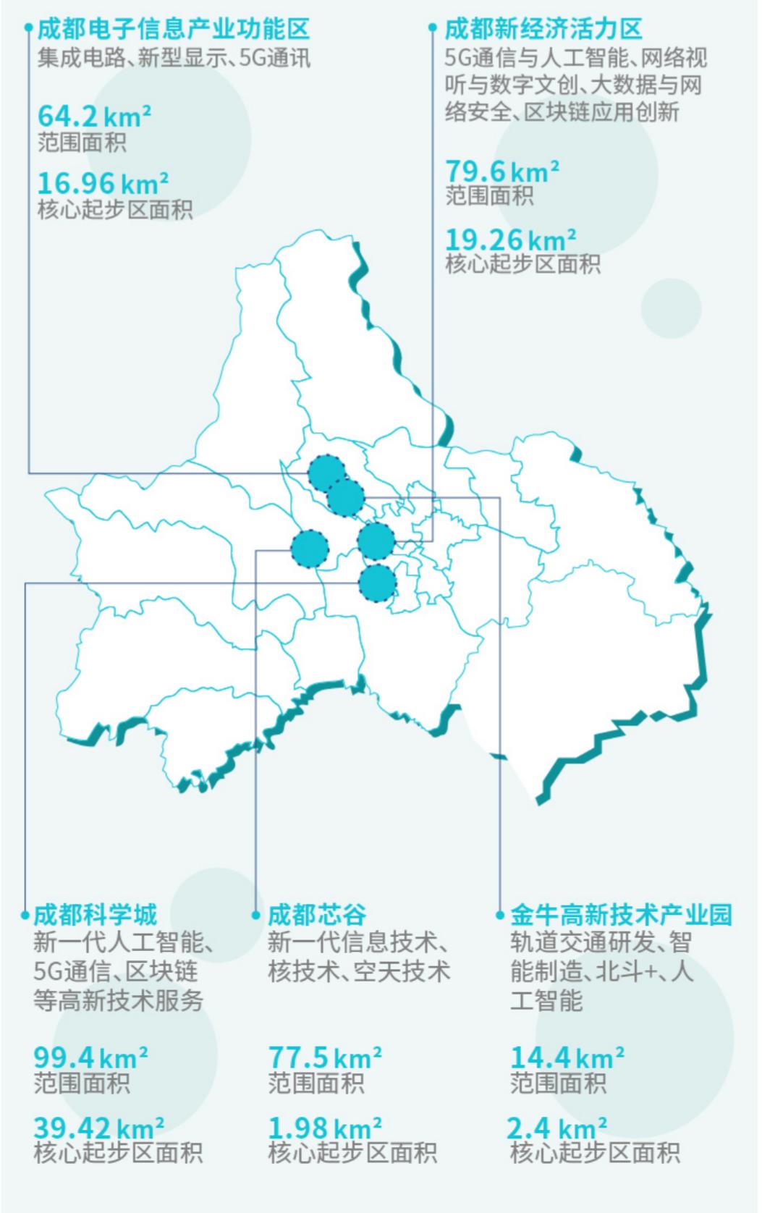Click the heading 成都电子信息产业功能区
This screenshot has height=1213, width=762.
pos(174,29)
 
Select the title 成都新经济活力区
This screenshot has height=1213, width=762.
pos(543,29)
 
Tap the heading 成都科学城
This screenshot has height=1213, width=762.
pos(95,915)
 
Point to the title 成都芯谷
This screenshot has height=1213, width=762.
pos(317,915)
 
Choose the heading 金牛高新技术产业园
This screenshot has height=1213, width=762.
pos(621,915)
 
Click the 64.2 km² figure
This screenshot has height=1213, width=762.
pos(94,116)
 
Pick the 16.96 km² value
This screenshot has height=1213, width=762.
pos(103,182)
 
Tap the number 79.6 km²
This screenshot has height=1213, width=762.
pos(501,172)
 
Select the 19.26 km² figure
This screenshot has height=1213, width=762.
pos(510,239)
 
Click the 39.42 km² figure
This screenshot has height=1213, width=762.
pos(98,1127)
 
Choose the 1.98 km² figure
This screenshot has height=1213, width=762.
pos(325,1127)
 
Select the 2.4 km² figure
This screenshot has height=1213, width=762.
pos(556,1127)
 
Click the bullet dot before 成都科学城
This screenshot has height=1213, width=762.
pos(25,916)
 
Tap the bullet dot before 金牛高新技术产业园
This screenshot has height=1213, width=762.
pos(499,916)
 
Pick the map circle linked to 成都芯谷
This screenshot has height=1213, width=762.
pos(310,549)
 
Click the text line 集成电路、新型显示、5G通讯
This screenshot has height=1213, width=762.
pos(174,57)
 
